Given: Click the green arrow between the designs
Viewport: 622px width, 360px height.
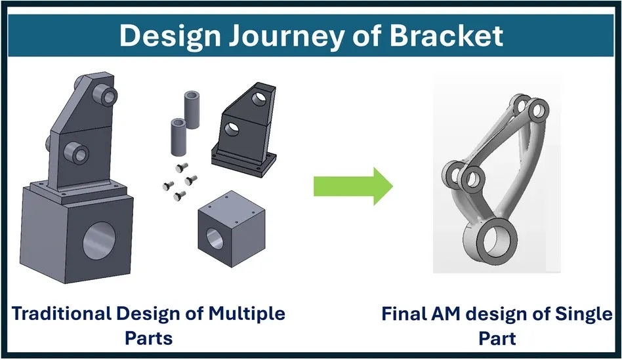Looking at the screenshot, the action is coord(353,186).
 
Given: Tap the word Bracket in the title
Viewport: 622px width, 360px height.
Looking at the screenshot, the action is coord(446,35).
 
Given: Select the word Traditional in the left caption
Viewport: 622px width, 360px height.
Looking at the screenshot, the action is coord(61,313).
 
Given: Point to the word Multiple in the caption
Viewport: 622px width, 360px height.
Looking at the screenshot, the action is coord(247,314).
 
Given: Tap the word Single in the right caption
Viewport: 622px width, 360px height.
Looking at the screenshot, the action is coord(583,314).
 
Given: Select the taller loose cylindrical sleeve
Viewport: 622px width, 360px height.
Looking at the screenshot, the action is coord(192,110).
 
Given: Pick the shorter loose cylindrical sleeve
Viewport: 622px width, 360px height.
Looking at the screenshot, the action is coord(178,136).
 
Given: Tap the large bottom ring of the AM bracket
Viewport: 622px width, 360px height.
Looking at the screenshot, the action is coord(490,241).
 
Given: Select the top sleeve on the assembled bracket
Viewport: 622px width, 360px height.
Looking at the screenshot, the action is coord(106,94).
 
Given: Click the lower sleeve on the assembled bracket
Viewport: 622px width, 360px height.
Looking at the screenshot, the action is coord(77,152).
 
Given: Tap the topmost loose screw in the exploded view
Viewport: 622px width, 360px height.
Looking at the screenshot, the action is coord(181,168).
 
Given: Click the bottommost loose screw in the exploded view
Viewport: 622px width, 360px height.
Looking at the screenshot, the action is coord(179,195).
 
